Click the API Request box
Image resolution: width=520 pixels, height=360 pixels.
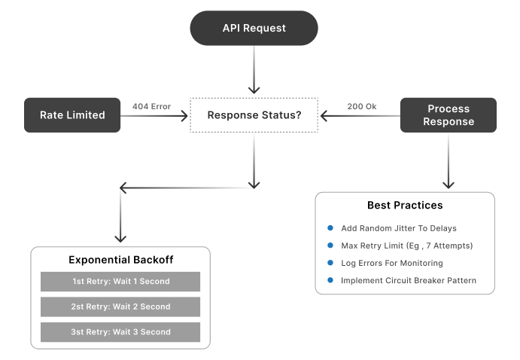(254, 28)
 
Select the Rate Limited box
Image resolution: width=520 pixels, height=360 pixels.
(72, 115)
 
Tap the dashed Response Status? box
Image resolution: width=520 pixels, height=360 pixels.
(254, 115)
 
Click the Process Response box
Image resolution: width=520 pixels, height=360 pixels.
(449, 115)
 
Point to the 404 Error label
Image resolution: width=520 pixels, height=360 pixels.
(151, 106)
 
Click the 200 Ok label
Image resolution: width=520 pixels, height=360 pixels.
(361, 106)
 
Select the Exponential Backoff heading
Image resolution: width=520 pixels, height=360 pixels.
(120, 260)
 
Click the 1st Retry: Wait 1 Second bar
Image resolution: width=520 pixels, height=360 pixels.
(120, 282)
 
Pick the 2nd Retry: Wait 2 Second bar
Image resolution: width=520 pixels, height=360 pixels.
(120, 307)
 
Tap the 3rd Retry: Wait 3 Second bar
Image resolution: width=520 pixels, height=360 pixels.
(120, 331)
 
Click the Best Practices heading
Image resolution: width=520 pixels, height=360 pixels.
(405, 205)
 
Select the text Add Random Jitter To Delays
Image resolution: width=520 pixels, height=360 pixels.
(398, 228)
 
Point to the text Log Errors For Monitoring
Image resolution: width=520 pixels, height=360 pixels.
(391, 263)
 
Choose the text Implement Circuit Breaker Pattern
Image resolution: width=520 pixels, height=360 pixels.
(408, 280)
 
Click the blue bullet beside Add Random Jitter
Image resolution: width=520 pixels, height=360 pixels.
(330, 228)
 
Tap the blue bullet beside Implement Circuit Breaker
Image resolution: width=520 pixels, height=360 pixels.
(330, 280)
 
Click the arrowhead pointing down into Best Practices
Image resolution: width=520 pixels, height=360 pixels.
(449, 184)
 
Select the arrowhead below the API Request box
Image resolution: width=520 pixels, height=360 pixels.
(254, 88)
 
